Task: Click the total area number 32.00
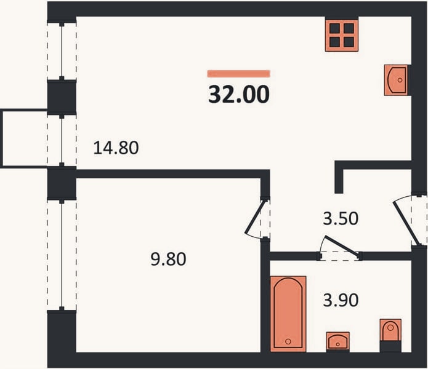[x=239, y=94]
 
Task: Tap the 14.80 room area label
[x=116, y=148]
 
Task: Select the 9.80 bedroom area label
[x=168, y=259]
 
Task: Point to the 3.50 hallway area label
[x=341, y=218]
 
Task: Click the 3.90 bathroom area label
[x=341, y=300]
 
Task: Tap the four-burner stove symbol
[x=342, y=35]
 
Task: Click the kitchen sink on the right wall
[x=397, y=80]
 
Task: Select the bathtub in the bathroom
[x=288, y=314]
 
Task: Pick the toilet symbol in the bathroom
[x=390, y=330]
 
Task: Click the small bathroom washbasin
[x=338, y=341]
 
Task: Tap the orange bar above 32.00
[x=239, y=74]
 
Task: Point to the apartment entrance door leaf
[x=406, y=223]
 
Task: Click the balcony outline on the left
[x=2, y=138]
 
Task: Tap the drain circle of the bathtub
[x=288, y=341]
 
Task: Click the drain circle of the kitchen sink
[x=400, y=80]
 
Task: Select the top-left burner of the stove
[x=334, y=28]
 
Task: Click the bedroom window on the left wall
[x=62, y=255]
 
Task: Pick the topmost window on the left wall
[x=62, y=51]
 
